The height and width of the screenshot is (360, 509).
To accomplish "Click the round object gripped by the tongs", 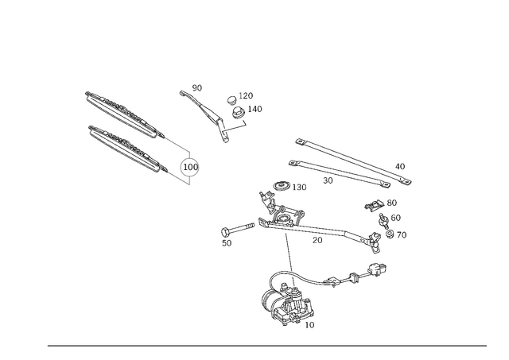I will click(x=189, y=168).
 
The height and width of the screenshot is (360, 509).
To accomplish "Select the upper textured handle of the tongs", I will click(x=119, y=109).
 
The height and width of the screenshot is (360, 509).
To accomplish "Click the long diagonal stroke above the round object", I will click(x=208, y=113).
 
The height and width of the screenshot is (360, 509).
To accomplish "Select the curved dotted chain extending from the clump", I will click(x=338, y=280).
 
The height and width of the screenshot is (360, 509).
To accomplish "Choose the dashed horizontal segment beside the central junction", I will click(x=338, y=235).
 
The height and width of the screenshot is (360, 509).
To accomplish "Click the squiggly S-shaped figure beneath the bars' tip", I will click(x=387, y=219).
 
